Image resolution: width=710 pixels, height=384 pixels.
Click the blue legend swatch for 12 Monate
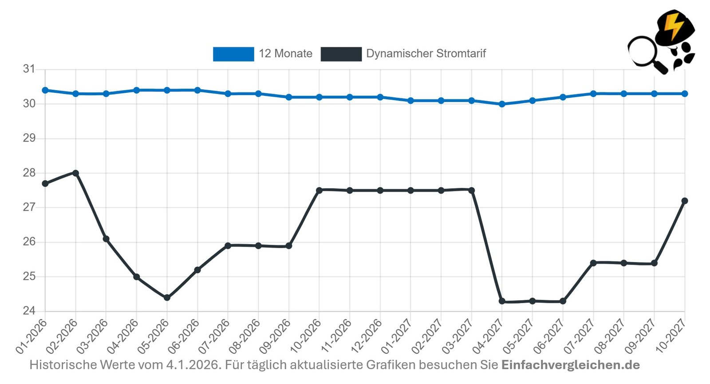(233, 54)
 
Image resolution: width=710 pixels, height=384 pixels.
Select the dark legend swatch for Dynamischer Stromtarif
(341, 54)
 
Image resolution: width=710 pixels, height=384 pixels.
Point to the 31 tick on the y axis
(29, 69)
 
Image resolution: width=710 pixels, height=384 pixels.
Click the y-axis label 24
(29, 311)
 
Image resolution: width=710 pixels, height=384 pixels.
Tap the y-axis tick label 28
(29, 173)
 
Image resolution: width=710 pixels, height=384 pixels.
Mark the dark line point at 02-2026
(76, 173)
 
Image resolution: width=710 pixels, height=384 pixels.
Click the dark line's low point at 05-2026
(167, 297)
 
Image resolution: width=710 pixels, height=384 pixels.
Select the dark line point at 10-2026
(319, 190)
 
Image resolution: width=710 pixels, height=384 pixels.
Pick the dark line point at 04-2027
(502, 301)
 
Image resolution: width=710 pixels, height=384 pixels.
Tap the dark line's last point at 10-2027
(685, 201)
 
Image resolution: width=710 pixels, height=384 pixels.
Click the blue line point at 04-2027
(502, 104)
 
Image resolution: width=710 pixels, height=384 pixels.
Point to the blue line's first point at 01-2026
(45, 90)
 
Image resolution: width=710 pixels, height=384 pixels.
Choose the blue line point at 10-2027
(685, 94)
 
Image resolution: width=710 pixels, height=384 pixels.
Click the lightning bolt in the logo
(674, 26)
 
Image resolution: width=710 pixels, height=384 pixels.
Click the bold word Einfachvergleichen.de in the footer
(570, 365)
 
